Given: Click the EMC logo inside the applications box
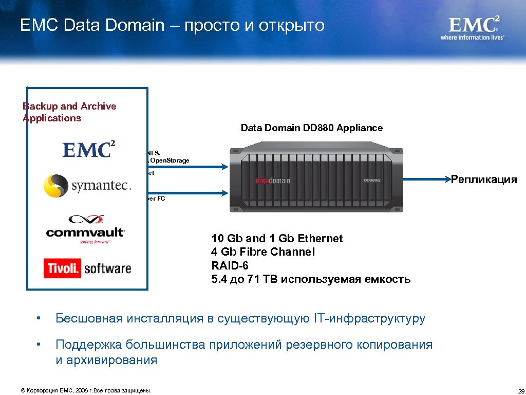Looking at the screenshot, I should tap(88, 149).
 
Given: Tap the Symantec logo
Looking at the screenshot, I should tap(87, 186).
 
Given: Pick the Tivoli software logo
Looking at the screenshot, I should tap(87, 268).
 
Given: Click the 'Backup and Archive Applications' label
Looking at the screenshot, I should tap(69, 112).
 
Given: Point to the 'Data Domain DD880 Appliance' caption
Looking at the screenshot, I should tap(312, 128).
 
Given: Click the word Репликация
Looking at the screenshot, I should tap(483, 179).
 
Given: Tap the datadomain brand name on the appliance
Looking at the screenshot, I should tap(273, 181).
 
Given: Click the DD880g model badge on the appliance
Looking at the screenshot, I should tap(372, 181).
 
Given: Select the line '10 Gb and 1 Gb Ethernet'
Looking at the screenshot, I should tap(277, 239).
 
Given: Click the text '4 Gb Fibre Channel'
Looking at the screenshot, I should tap(263, 252).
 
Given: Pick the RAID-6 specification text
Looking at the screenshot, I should tap(229, 265).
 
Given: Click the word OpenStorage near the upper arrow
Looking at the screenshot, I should tap(170, 160).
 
